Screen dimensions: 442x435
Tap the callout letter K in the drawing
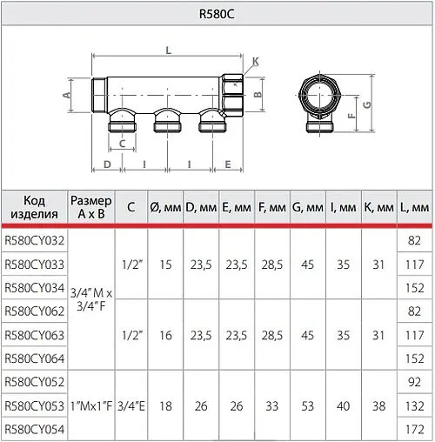coord(255,61)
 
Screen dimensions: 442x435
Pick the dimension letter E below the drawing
coord(227,164)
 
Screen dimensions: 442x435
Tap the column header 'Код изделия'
coord(34,207)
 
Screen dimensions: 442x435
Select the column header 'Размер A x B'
coord(91,207)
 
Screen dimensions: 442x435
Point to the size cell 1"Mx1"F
coord(91,405)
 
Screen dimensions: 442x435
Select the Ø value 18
coord(165,405)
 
